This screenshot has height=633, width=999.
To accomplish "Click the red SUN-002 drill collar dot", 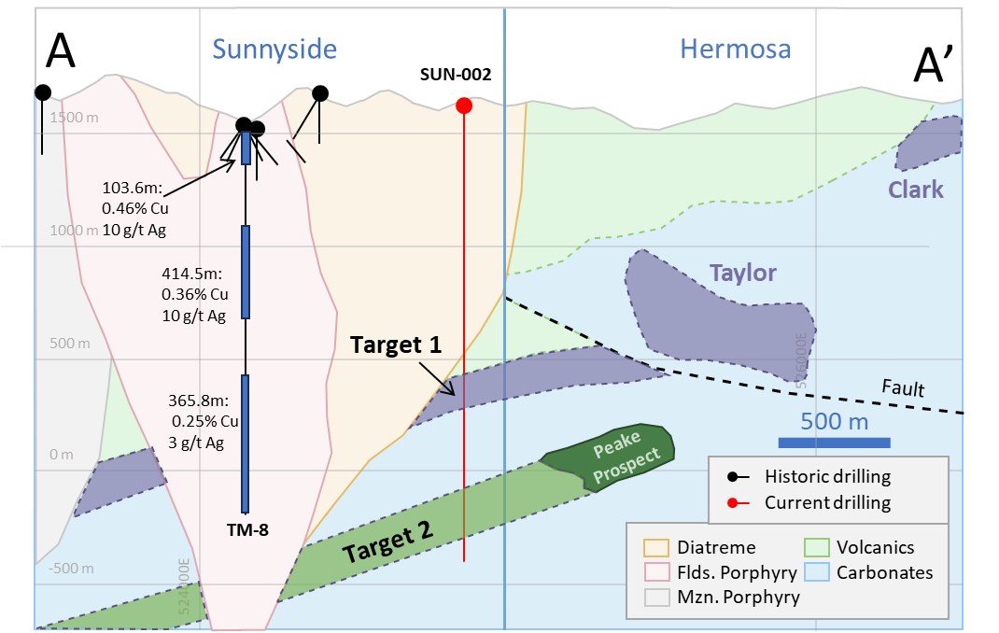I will click(x=463, y=105).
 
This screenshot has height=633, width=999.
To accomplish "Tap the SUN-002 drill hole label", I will click(x=455, y=75).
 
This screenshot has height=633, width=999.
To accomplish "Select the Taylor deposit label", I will click(x=743, y=273).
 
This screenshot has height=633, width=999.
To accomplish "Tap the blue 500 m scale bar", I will click(x=835, y=442).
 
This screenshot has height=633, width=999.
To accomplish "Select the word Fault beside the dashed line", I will click(x=903, y=387).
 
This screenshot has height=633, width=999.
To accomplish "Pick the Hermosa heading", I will click(x=735, y=49).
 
